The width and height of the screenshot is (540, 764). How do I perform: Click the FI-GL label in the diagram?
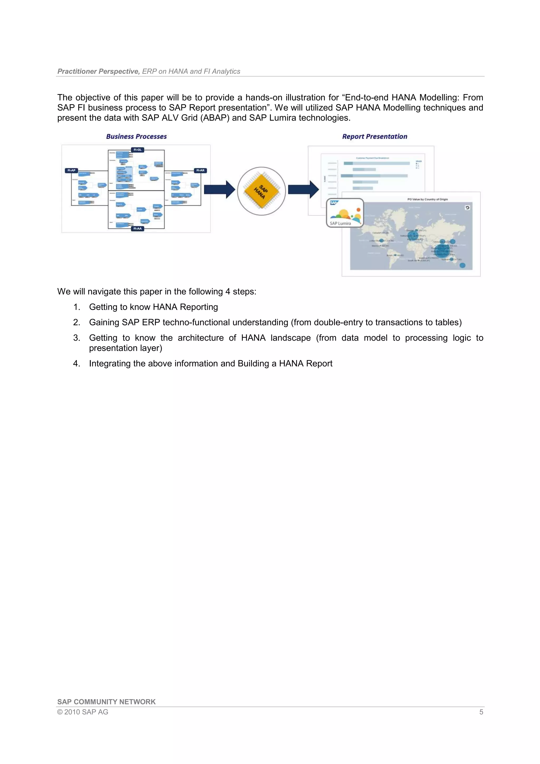[x=137, y=150]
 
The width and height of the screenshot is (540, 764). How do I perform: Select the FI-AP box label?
[x=71, y=170]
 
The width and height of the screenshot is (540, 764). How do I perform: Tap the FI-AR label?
[x=200, y=170]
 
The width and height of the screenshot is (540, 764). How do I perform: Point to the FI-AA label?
[x=137, y=229]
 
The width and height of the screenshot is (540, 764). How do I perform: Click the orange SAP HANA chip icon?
[x=261, y=191]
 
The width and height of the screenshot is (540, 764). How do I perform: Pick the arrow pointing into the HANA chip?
[x=219, y=190]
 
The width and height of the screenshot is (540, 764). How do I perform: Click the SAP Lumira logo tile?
[x=345, y=213]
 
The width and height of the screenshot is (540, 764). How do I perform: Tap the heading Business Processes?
[x=136, y=137]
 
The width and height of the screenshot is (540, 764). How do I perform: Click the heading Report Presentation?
[x=375, y=137]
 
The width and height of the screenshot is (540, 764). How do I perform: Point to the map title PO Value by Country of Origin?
[x=427, y=199]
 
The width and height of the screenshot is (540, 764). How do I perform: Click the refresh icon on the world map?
[x=467, y=208]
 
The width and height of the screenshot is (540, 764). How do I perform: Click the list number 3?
[x=76, y=338]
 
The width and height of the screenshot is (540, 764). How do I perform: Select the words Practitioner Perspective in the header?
[x=98, y=71]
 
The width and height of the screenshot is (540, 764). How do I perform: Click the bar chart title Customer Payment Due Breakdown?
[x=372, y=158]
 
